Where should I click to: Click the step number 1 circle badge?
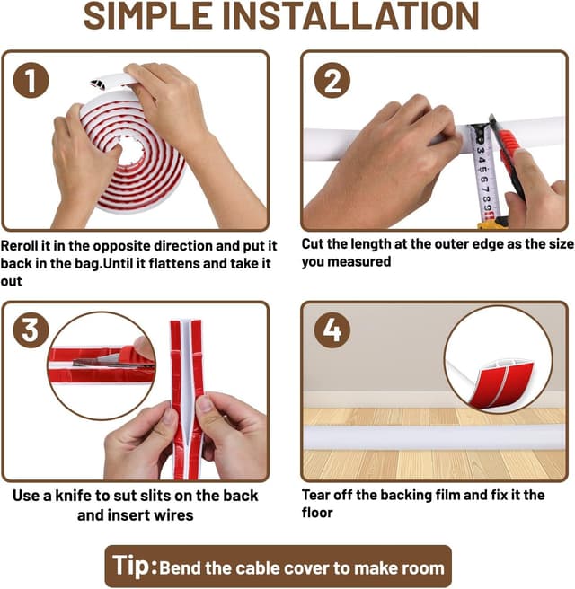31,81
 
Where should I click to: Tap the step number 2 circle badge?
332,81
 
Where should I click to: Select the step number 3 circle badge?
31,330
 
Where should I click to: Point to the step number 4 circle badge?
332,330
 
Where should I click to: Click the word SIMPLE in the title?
148,16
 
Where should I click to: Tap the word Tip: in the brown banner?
135,566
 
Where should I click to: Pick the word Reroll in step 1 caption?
20,246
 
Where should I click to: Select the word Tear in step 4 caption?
315,495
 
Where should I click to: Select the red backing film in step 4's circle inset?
500,384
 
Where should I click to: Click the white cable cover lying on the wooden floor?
434,437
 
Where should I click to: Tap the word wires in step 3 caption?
173,515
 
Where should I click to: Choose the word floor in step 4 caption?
317,513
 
